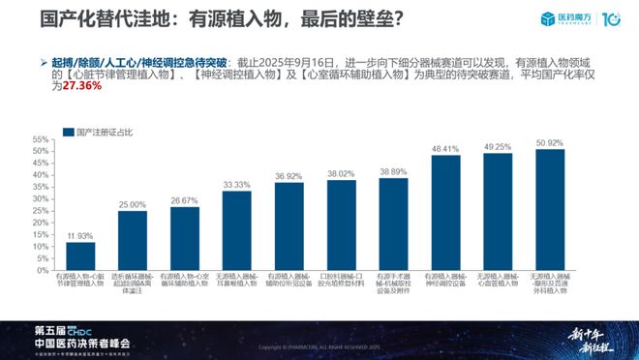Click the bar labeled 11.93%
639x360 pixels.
(79, 256)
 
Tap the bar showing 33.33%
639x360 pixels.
(236, 230)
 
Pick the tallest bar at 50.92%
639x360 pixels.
(549, 209)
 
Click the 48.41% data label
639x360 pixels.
(445, 149)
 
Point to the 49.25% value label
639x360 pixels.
(498, 146)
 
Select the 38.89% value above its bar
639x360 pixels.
(393, 170)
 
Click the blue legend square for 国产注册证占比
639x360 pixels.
(68, 131)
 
